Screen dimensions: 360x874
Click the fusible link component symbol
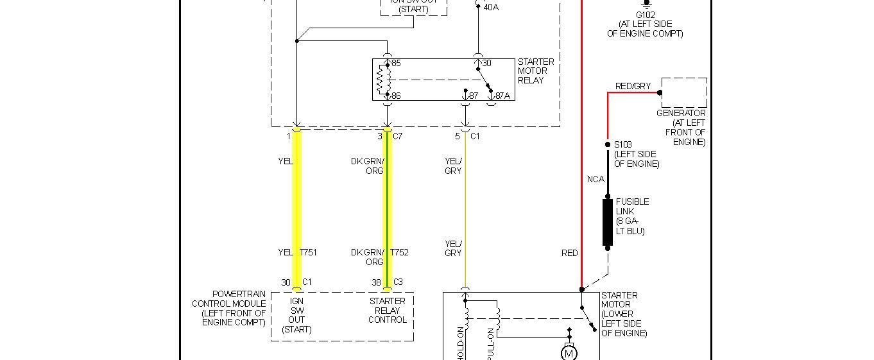point(607,222)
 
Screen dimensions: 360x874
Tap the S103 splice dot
point(608,144)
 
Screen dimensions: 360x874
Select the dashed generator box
point(684,92)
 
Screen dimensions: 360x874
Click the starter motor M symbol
point(569,352)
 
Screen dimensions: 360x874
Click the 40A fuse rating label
point(490,7)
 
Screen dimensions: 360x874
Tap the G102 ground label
point(645,15)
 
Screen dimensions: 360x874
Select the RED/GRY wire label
point(633,86)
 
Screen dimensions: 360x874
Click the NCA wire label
point(596,179)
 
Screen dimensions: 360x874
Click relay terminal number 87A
point(502,96)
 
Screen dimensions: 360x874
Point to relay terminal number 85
point(396,64)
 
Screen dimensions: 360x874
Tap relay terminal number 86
point(396,96)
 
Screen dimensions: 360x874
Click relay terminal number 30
point(486,64)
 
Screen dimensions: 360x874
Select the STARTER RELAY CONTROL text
point(387,310)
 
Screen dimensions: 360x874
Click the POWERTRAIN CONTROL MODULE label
point(229,308)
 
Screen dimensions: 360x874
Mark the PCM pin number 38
point(375,282)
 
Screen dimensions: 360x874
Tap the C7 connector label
point(397,136)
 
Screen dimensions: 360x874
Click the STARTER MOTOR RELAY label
point(536,71)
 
